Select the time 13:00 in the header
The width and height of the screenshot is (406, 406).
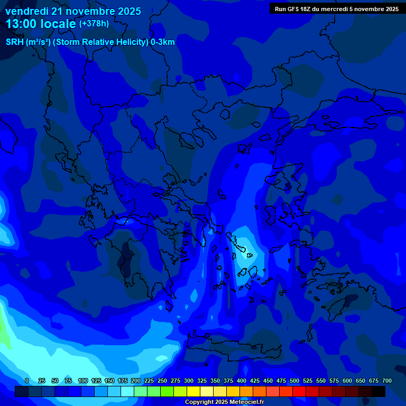21,24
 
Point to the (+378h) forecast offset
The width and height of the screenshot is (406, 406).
94,24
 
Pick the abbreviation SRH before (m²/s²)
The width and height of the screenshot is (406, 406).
14,42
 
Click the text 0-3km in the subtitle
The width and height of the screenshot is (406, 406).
162,42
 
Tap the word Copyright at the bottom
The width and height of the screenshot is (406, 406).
200,402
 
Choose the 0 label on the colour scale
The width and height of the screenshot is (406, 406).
27,381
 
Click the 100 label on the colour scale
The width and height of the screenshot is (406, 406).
83,381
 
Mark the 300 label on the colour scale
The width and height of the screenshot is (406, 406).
189,381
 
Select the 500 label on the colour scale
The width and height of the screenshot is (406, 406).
294,381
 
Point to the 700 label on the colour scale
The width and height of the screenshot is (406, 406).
386,381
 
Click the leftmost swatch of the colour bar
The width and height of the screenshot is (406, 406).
21,391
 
